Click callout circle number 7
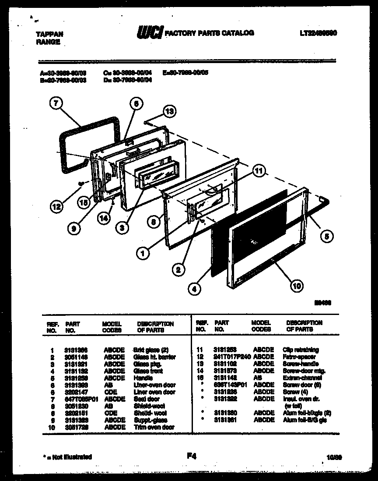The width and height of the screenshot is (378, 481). pos(55,104)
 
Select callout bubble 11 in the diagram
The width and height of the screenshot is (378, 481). pos(259,170)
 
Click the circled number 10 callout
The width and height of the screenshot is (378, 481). pos(296,286)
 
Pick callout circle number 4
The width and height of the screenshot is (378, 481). pos(194,288)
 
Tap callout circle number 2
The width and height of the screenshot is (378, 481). pos(177,269)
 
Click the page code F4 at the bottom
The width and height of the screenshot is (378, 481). pos(191,456)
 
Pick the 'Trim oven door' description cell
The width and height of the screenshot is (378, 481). pos(155,427)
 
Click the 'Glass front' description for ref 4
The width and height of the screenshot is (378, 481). pos(149,371)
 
